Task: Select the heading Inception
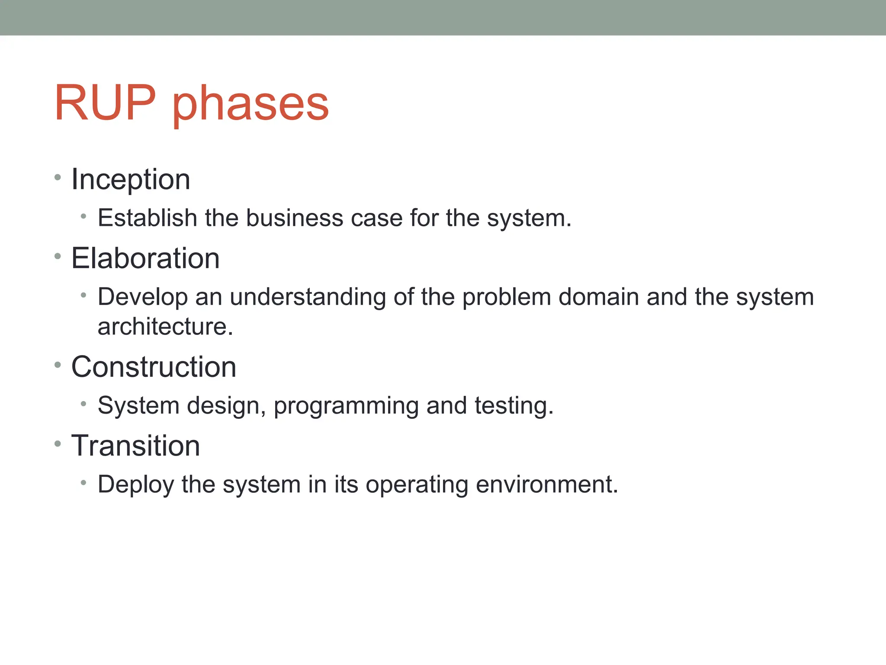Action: tap(131, 180)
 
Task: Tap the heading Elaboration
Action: tap(145, 259)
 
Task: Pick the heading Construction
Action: tap(154, 367)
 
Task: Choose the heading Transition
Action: tap(135, 446)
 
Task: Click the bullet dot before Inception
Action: tap(58, 177)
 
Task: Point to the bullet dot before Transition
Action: tap(58, 444)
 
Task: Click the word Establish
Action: tap(147, 218)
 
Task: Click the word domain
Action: tap(598, 297)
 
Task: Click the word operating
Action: tap(417, 485)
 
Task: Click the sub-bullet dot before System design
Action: tap(83, 404)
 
